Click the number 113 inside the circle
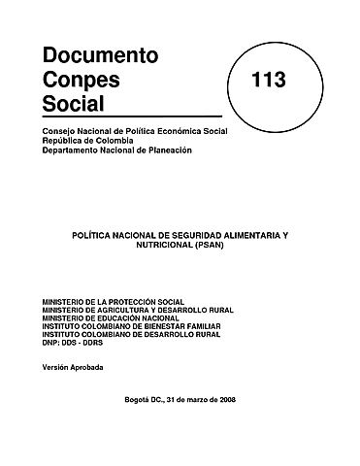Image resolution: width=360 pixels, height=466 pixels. [267, 81]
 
